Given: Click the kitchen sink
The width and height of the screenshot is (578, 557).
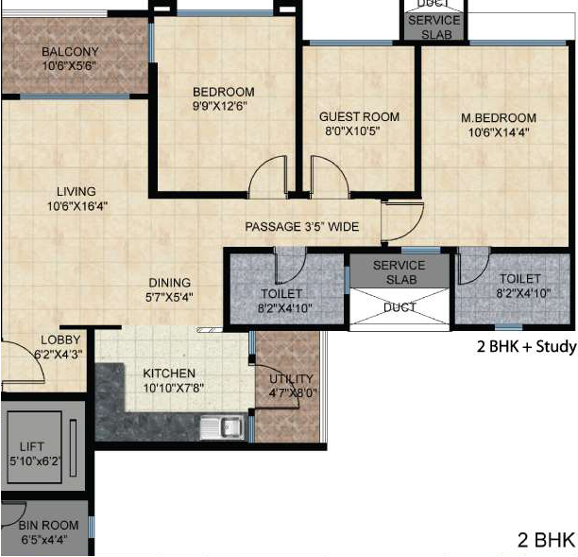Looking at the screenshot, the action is tap(222, 427).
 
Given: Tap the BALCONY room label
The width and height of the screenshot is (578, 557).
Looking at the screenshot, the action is tap(70, 52).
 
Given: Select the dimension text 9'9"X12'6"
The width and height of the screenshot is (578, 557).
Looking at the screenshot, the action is tap(220, 106).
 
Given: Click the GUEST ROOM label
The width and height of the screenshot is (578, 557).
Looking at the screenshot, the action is tap(359, 116).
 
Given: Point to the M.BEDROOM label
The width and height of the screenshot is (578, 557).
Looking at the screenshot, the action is tap(499, 118).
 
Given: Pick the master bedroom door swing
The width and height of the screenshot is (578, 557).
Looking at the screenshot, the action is tap(402, 221).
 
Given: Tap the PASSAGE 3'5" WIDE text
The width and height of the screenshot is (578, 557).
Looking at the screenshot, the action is tap(302, 226).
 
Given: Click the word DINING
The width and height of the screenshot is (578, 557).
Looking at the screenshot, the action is tap(170, 283).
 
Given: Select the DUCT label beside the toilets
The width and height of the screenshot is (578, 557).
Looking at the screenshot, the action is tap(399, 307).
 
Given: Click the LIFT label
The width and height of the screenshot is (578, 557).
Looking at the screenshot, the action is tap(32, 446).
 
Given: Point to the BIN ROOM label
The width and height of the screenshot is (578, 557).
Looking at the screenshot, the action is tap(49, 525).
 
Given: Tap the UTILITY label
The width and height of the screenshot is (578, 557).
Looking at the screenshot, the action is tap(291, 378).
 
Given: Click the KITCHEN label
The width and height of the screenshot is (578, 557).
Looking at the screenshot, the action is tap(169, 374).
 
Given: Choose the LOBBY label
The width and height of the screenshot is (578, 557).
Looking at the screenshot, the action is tap(60, 339).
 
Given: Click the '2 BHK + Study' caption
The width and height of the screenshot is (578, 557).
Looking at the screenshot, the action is tap(526, 346).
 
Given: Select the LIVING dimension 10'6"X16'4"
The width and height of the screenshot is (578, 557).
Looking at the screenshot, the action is tap(77, 206).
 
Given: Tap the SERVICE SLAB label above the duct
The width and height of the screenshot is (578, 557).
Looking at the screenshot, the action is tap(399, 272).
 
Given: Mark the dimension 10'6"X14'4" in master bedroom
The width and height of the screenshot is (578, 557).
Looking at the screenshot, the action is tap(499, 132).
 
